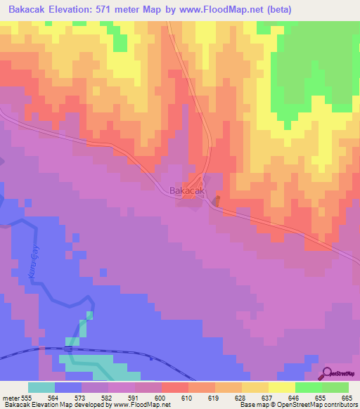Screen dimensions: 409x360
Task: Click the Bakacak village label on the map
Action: click(187, 190)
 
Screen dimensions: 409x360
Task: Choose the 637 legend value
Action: click(256, 398)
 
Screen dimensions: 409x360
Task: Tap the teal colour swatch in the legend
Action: click(41, 387)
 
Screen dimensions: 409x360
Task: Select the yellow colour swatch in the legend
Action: click(282, 387)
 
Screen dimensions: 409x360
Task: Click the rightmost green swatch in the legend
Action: click(335, 387)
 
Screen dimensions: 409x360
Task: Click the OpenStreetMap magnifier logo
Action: click(327, 373)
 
